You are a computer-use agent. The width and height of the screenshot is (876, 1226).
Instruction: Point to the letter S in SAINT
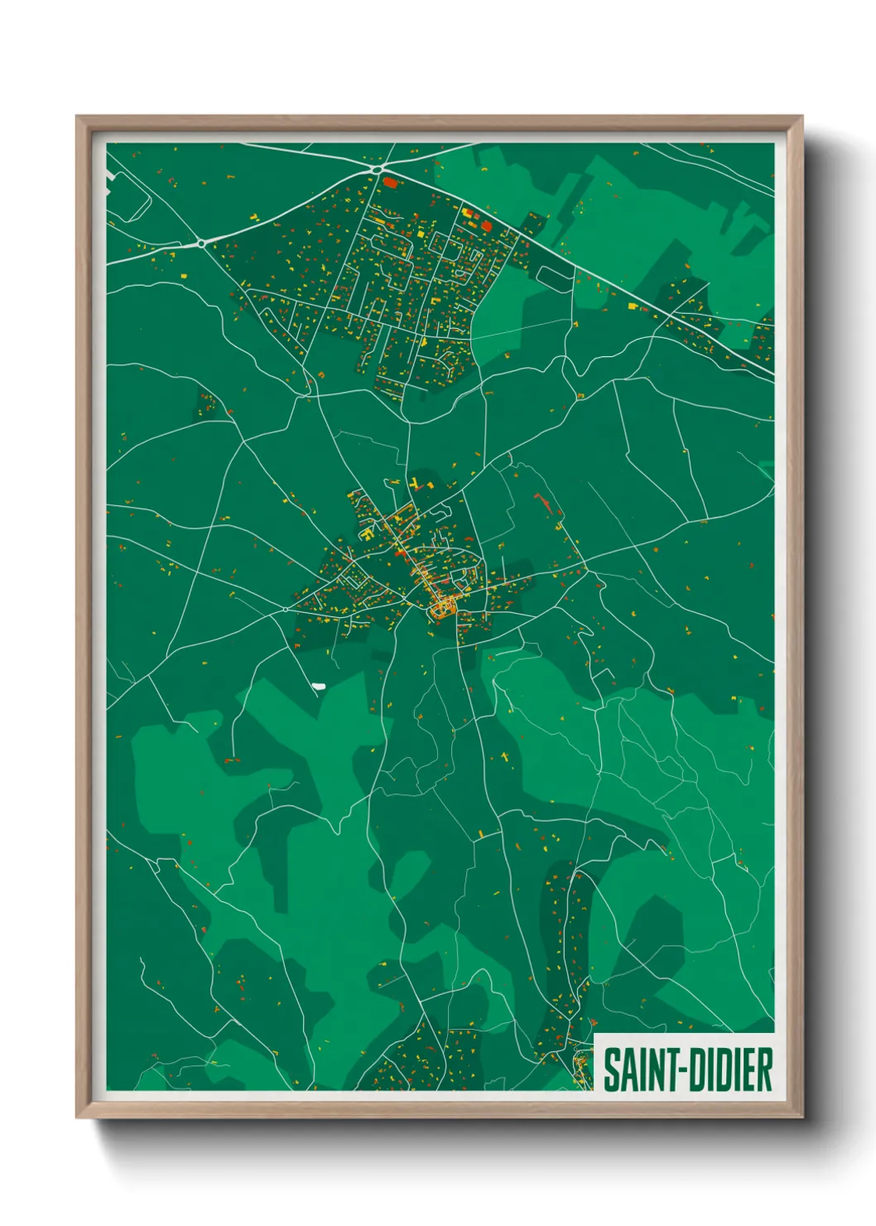point(610,1069)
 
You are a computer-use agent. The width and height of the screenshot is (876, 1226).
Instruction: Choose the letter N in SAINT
point(647,1069)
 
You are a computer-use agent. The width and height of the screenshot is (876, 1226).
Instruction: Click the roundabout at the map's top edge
point(378,171)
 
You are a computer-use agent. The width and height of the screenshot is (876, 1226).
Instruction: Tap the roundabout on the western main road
point(201,244)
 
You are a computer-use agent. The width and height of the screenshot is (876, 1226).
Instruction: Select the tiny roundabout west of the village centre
point(286,609)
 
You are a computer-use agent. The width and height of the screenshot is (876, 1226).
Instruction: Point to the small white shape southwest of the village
point(319,686)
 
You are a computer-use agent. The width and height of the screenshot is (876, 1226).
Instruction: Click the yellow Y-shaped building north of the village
point(413,484)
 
